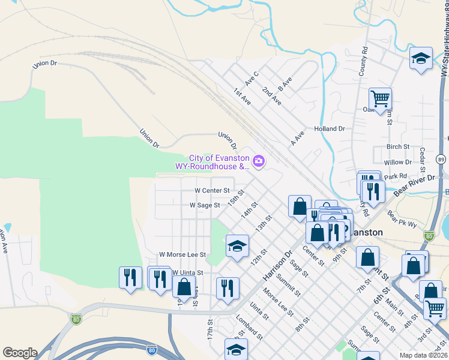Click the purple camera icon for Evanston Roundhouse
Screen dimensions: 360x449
259,160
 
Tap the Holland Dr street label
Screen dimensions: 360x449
330,128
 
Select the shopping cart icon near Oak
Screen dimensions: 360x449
380,98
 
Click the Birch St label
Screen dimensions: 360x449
398,146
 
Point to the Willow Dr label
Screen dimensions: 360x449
397,162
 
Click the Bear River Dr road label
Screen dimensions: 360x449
414,186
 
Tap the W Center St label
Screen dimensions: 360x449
211,190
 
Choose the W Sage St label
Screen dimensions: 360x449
205,205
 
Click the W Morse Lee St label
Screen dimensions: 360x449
182,254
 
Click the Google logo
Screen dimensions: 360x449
20,353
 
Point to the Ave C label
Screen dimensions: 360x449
252,78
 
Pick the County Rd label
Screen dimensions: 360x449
363,62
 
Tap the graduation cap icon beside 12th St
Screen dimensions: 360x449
237,246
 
